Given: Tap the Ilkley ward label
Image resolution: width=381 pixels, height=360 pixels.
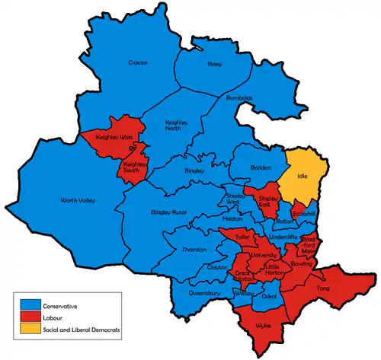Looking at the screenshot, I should click(214, 65).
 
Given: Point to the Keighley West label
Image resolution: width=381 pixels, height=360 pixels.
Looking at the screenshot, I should click(114, 138).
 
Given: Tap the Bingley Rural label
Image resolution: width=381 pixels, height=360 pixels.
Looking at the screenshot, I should click(168, 211).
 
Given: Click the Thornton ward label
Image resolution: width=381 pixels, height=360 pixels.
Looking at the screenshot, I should click(194, 249).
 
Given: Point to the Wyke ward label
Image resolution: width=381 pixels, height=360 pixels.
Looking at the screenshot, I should click(263, 324).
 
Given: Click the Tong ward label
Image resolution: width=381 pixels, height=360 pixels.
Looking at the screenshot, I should click(323, 288).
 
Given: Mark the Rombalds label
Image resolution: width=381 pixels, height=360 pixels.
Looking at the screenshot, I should click(239, 98).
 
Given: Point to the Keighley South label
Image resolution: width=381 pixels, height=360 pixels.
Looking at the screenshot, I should click(134, 167).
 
